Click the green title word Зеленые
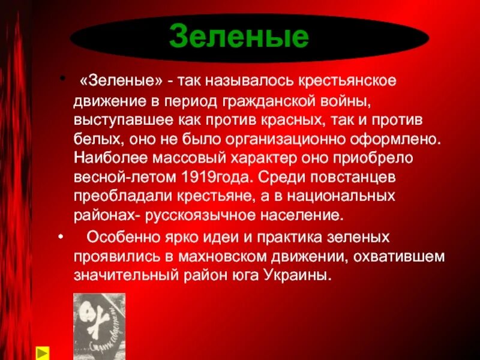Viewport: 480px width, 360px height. point(239,37)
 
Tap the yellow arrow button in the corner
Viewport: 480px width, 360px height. point(43,352)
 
